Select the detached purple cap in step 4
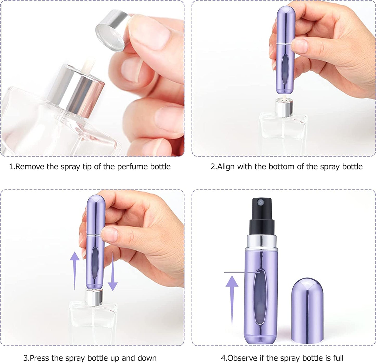[x=307, y=310]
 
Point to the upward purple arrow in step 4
[x=232, y=299]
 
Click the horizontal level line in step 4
[x=239, y=272]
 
